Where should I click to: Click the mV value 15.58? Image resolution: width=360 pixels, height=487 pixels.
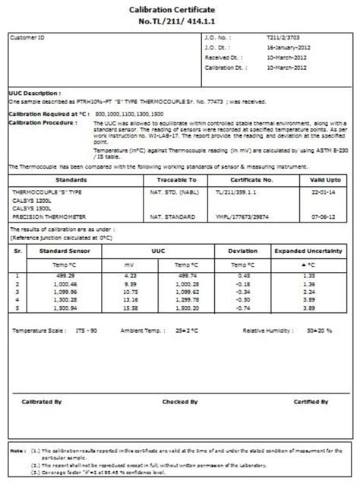[x=130, y=309]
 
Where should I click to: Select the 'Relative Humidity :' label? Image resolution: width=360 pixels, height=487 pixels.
[x=266, y=331]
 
